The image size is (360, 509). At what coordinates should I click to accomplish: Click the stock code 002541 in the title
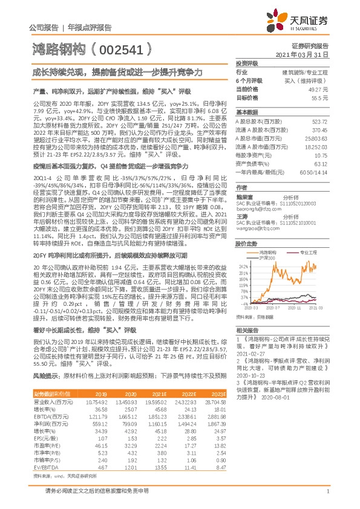pos(118,48)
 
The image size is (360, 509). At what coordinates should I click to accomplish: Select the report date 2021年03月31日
pos(308,54)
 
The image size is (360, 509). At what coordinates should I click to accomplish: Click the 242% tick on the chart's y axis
pos(243,267)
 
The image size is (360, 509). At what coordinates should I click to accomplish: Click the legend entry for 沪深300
pos(269,258)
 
